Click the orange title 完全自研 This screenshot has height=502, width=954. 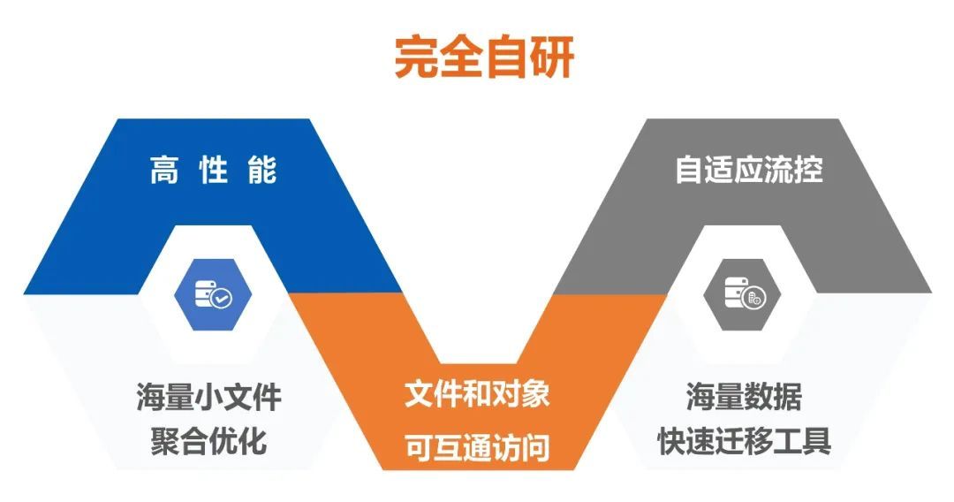click(484, 58)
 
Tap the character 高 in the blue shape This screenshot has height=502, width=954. click(164, 170)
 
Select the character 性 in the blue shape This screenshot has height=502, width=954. click(213, 170)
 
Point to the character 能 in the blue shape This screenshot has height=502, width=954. click(262, 170)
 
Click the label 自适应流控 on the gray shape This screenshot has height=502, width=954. click(749, 170)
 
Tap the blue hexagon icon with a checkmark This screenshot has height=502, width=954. click(212, 295)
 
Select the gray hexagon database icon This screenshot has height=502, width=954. click(742, 295)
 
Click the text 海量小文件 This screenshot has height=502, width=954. click(208, 398)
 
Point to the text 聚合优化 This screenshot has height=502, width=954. click(208, 440)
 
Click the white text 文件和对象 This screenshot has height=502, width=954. click(477, 393)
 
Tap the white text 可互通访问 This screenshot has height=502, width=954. click(477, 448)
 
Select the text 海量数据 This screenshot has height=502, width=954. click(744, 398)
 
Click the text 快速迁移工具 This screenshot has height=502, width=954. click(744, 440)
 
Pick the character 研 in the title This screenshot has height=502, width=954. click(552, 58)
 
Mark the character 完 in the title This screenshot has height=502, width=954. click(416, 58)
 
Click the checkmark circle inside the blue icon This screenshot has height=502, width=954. click(221, 298)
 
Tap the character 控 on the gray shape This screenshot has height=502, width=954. click(808, 170)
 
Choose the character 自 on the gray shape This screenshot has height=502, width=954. click(690, 170)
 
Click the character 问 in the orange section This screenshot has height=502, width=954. click(535, 448)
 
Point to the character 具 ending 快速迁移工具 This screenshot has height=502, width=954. click(817, 440)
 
